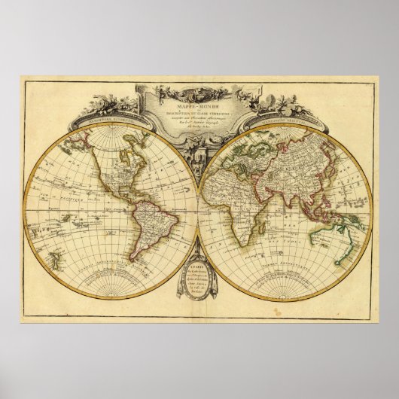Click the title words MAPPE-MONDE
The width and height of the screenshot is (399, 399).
pos(200,91)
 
